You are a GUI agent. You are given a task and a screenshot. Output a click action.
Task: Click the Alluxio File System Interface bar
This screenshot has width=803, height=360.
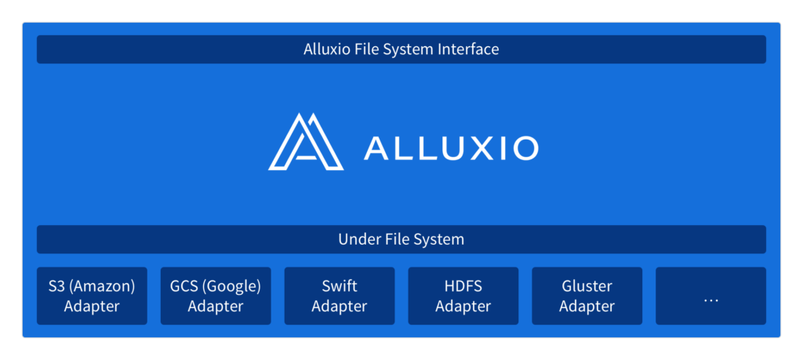[401, 49]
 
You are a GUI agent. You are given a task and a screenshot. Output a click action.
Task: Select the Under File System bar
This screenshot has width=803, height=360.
[401, 239]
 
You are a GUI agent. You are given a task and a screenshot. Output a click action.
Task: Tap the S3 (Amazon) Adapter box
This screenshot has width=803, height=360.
[92, 296]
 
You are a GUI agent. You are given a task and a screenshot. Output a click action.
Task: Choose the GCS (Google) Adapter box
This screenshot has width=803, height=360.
[216, 296]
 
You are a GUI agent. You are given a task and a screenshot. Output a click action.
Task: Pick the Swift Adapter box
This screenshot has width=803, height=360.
[340, 296]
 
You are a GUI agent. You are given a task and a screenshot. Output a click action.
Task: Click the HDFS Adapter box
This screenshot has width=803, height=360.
[463, 296]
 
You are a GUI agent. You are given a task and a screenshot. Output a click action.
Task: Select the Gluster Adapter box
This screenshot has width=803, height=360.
[587, 296]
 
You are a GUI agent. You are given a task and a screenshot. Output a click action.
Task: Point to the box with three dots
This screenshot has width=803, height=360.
[710, 296]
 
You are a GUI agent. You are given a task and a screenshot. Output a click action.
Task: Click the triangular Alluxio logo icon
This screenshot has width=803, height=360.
[306, 141]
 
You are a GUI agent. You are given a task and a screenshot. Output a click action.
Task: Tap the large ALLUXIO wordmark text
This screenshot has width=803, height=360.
[451, 147]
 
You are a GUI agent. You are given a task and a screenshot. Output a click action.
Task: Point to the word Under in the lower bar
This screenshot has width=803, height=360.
[356, 239]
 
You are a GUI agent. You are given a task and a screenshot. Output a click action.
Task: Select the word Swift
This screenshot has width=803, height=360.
[339, 286]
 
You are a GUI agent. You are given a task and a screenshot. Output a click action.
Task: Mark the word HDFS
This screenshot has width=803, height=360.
[463, 286]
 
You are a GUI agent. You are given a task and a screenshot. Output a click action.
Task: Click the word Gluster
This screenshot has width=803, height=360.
[587, 286]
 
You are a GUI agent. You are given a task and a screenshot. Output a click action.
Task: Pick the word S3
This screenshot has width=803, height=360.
[56, 286]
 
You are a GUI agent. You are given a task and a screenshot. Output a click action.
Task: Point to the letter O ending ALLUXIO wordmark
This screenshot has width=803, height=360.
[525, 147]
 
